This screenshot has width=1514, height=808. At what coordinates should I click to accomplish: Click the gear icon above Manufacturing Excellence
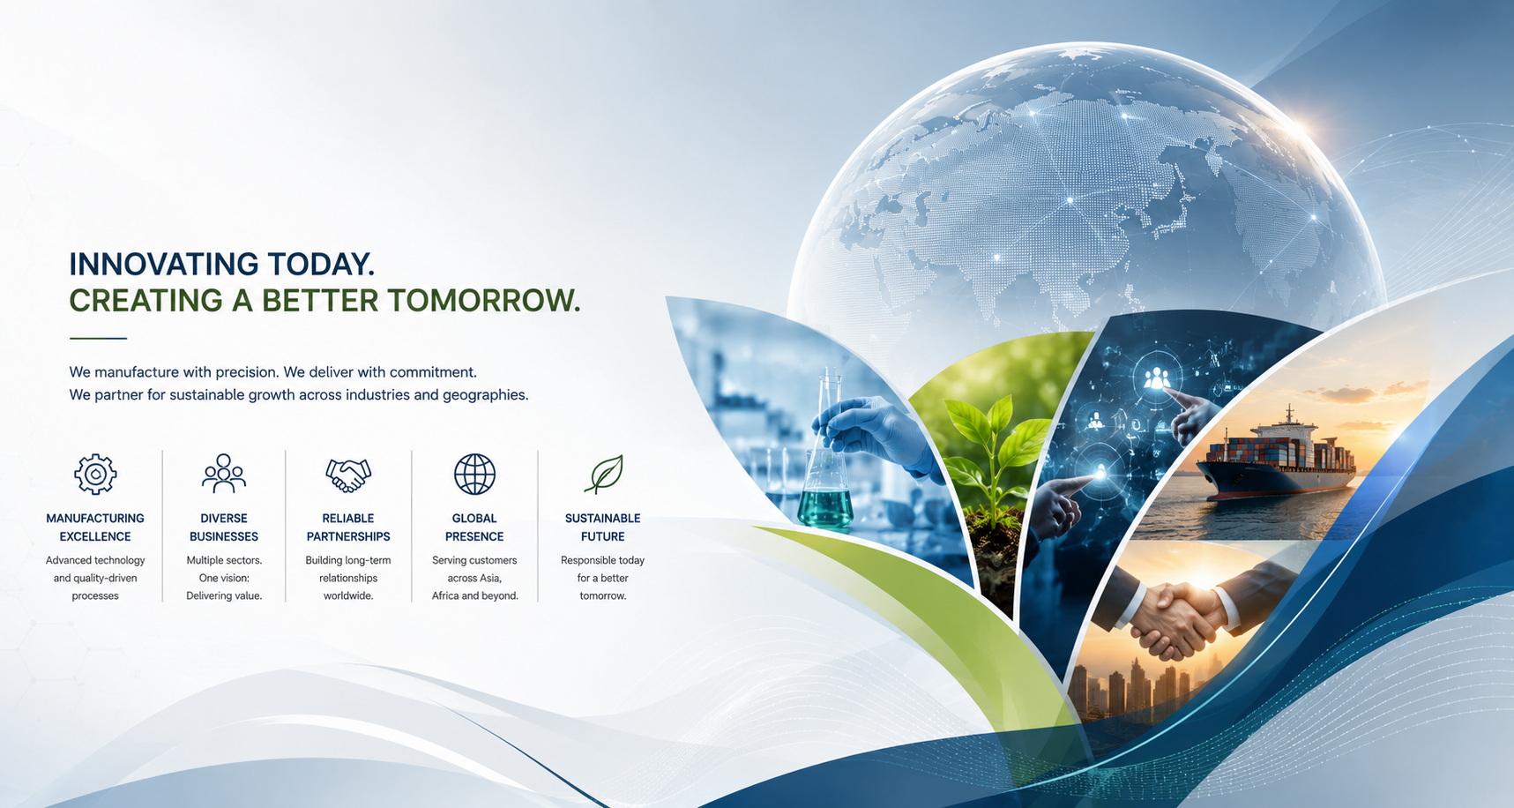[95, 475]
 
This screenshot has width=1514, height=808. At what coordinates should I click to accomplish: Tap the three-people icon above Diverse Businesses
[224, 474]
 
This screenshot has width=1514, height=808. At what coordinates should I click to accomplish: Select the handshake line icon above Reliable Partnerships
[348, 475]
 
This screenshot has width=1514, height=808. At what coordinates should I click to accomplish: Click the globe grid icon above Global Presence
[474, 475]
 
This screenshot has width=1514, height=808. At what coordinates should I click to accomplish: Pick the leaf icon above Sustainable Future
[604, 475]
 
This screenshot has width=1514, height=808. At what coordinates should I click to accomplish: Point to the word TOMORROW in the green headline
[483, 301]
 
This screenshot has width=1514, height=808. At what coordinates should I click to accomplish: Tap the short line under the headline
[98, 338]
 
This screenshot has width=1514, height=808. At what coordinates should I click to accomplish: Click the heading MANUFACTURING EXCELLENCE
[95, 527]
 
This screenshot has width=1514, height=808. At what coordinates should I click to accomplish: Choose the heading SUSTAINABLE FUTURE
[603, 527]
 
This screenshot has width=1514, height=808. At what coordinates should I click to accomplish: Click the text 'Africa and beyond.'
[475, 596]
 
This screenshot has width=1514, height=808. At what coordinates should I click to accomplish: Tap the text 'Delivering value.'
[224, 596]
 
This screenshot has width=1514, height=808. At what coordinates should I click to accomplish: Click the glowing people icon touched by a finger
[1156, 378]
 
